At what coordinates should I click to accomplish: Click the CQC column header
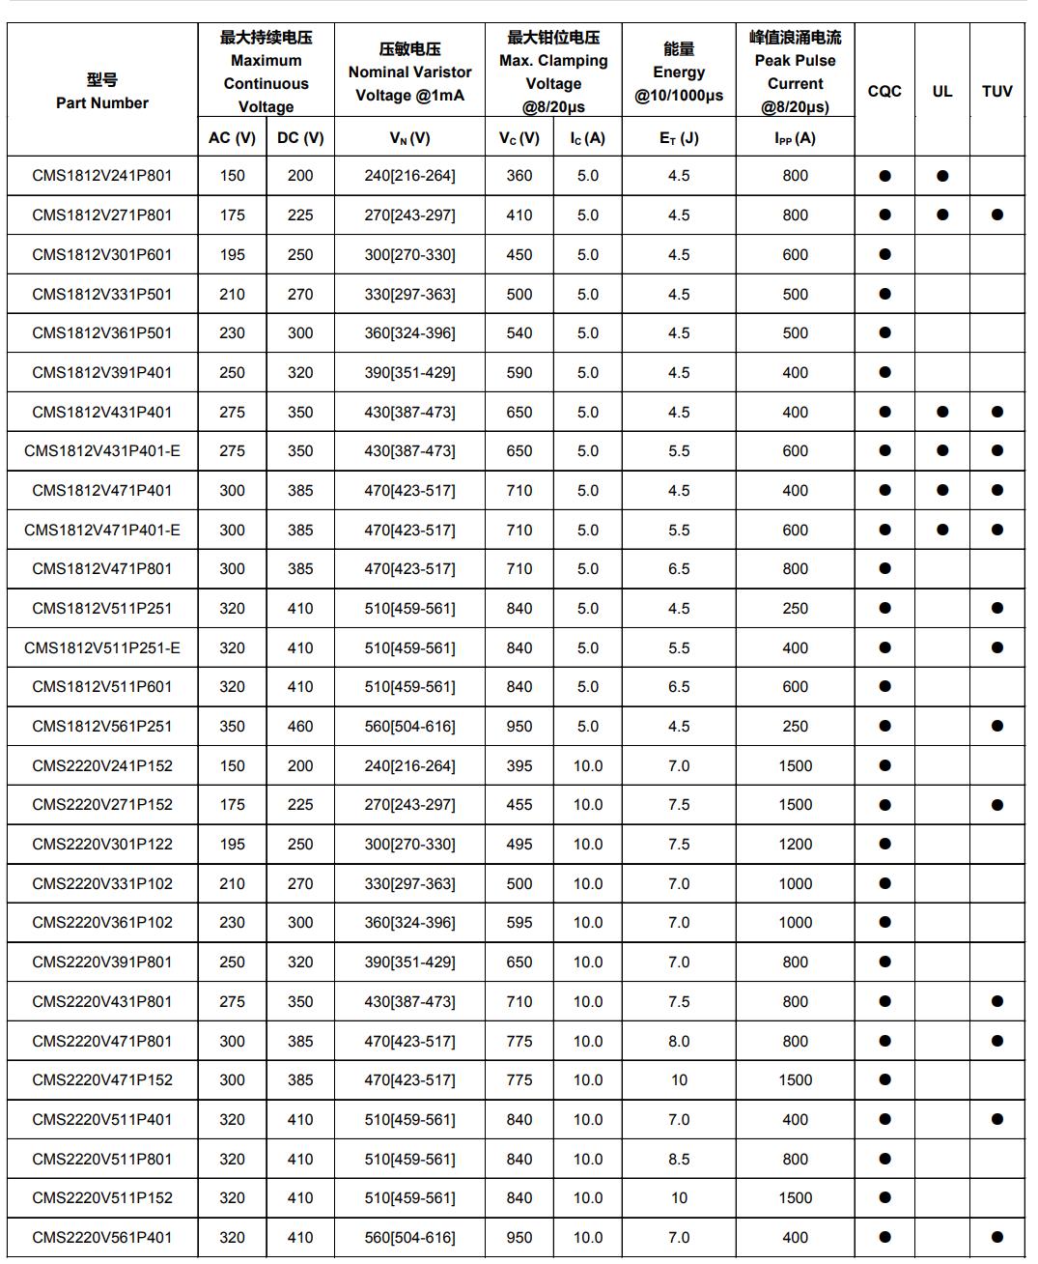884,91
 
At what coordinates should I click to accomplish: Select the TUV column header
996,91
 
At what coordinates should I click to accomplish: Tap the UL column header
941,91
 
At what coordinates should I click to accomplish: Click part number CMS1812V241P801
102,176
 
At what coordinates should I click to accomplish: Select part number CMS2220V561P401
102,1237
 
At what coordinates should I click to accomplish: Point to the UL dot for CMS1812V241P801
942,176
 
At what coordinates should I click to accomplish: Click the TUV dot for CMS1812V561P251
996,727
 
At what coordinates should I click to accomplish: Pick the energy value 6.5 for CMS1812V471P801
679,569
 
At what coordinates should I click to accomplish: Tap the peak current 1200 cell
795,845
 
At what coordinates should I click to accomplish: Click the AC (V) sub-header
232,137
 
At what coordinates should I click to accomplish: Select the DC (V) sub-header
300,137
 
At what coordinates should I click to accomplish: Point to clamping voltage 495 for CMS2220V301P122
519,845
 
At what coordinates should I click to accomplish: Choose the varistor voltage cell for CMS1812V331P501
409,294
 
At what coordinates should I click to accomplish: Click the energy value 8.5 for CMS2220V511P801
679,1159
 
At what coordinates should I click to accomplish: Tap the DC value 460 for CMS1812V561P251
300,727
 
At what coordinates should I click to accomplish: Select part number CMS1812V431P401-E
102,451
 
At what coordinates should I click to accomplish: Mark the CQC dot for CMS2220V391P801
884,962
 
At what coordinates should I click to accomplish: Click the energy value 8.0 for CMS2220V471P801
679,1041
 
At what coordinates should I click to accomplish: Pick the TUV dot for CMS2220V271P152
996,805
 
